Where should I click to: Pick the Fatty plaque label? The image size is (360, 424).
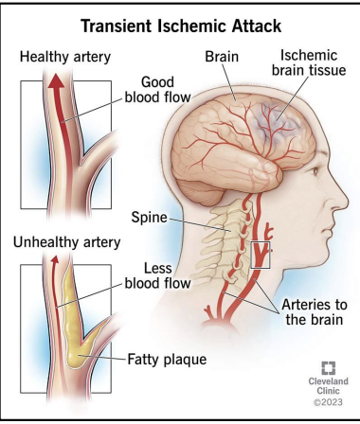167,359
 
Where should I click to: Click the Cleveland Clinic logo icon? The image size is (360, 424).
328,369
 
